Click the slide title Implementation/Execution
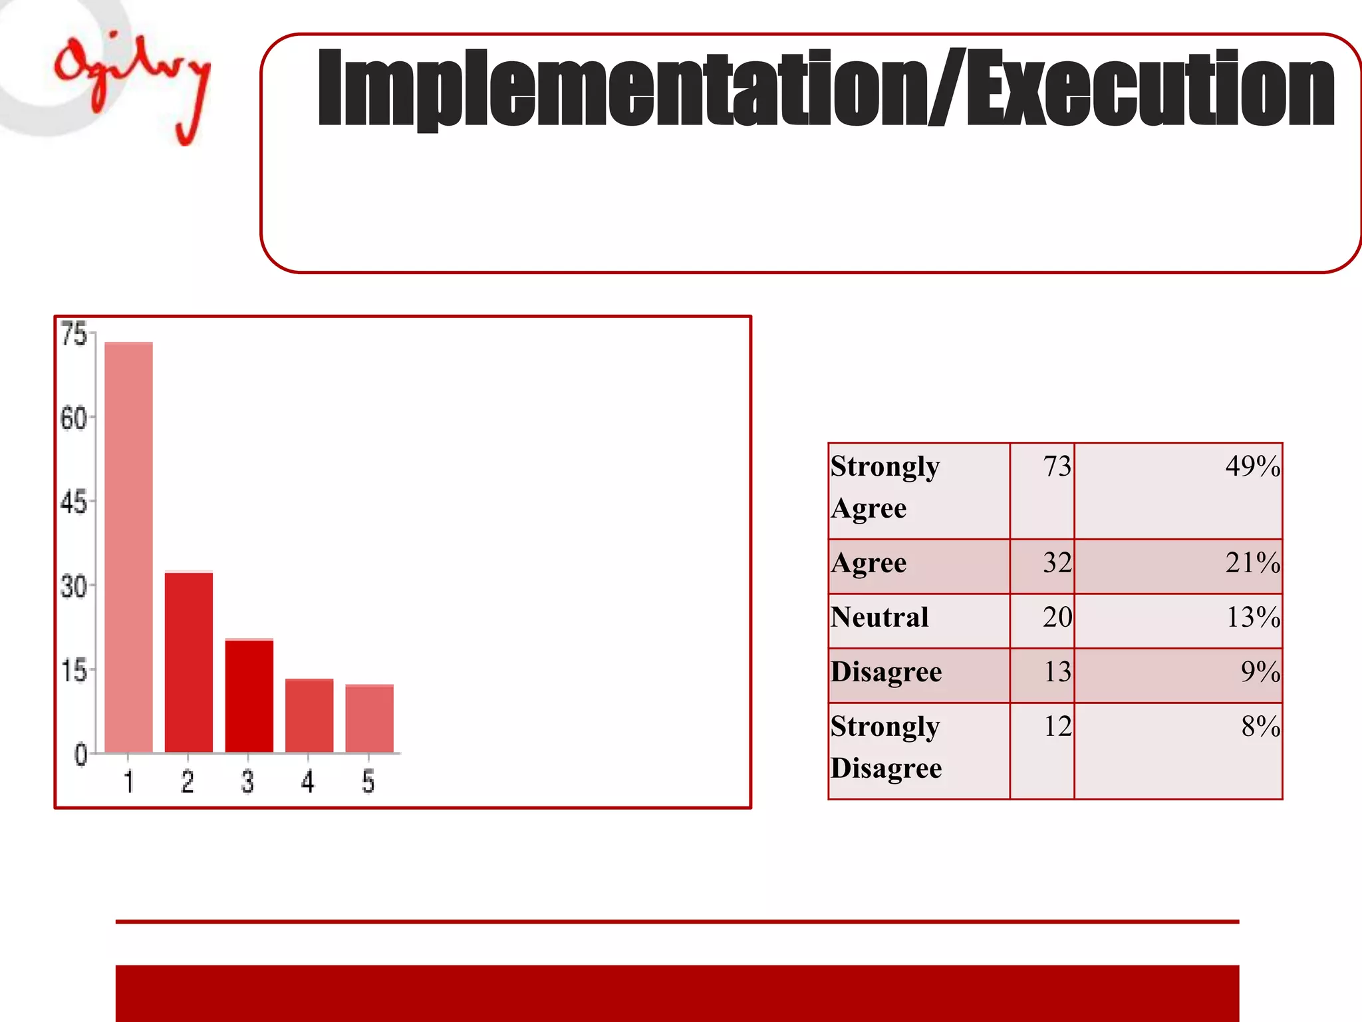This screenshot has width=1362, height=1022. pos(825,88)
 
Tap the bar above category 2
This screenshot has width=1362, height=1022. pos(189,662)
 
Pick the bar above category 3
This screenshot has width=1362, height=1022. pos(249,695)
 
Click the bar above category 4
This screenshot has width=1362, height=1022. pos(309,715)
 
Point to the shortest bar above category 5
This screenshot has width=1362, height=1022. pos(370,719)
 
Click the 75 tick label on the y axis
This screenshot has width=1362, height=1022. pos(74,334)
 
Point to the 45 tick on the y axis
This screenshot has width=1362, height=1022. pos(74,502)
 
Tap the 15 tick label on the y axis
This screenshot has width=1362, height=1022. pos(74,671)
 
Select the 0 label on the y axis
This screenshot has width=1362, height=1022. pos(80,755)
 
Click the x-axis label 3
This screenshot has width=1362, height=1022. pos(247,782)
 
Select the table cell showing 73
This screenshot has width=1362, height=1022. pos(1057,466)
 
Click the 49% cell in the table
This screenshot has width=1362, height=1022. pos(1252,466)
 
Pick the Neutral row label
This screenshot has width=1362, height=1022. pos(879,617)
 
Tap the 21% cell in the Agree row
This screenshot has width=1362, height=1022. pos(1252,563)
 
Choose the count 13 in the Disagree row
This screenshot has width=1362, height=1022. pos(1057,672)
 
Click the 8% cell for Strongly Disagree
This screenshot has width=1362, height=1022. pos(1260,727)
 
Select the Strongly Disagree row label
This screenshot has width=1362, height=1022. pos(886,747)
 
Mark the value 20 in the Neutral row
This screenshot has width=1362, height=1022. pos(1057,617)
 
